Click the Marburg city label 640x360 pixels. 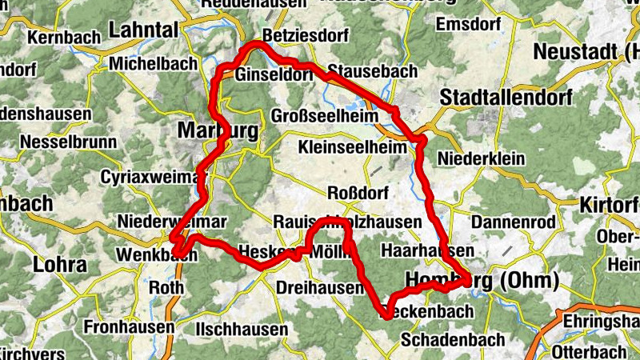click(218, 130)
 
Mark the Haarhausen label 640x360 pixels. click(422, 250)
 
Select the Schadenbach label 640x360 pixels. click(453, 339)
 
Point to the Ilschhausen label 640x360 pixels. click(242, 329)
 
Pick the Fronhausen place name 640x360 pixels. click(129, 326)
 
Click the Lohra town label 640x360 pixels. click(59, 265)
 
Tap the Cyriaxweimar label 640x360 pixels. click(150, 176)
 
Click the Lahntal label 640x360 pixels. click(143, 30)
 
